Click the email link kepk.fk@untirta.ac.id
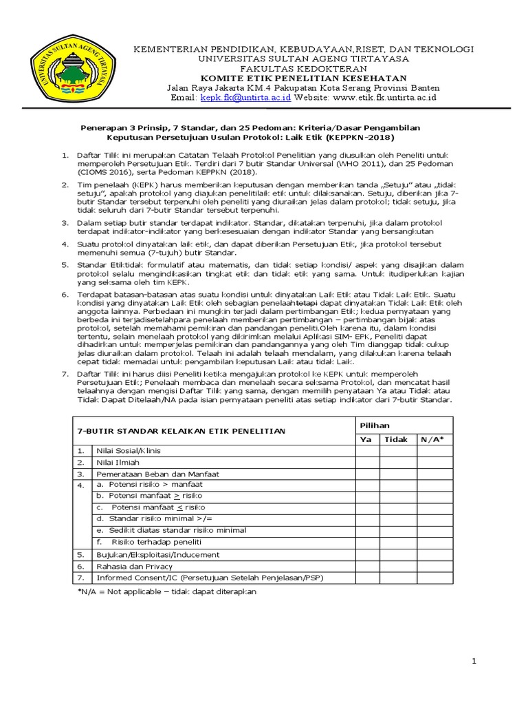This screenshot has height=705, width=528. (245, 98)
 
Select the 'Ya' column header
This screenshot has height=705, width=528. (366, 439)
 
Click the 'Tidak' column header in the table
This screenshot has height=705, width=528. (395, 439)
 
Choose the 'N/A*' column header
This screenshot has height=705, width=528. (434, 439)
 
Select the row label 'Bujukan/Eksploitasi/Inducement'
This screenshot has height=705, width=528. (157, 554)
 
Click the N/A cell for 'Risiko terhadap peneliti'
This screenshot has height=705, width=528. (434, 543)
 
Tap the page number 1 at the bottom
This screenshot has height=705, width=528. (474, 662)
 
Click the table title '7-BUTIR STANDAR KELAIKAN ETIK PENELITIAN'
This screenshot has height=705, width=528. (181, 431)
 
